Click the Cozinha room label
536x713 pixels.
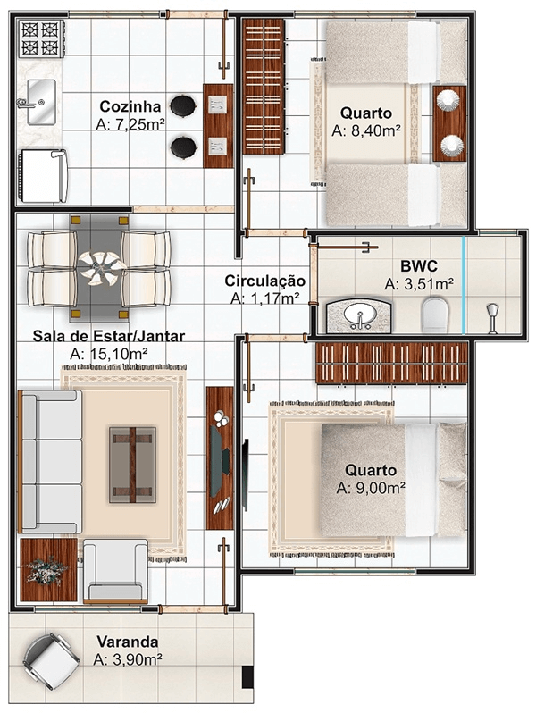(130, 106)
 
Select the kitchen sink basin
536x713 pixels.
(40, 100)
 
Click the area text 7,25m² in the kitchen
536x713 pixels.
(130, 125)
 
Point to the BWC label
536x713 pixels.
(418, 265)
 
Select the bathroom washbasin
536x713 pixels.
(360, 315)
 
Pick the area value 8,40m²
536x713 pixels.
(365, 130)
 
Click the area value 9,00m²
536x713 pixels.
(372, 489)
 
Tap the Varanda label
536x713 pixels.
(129, 642)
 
